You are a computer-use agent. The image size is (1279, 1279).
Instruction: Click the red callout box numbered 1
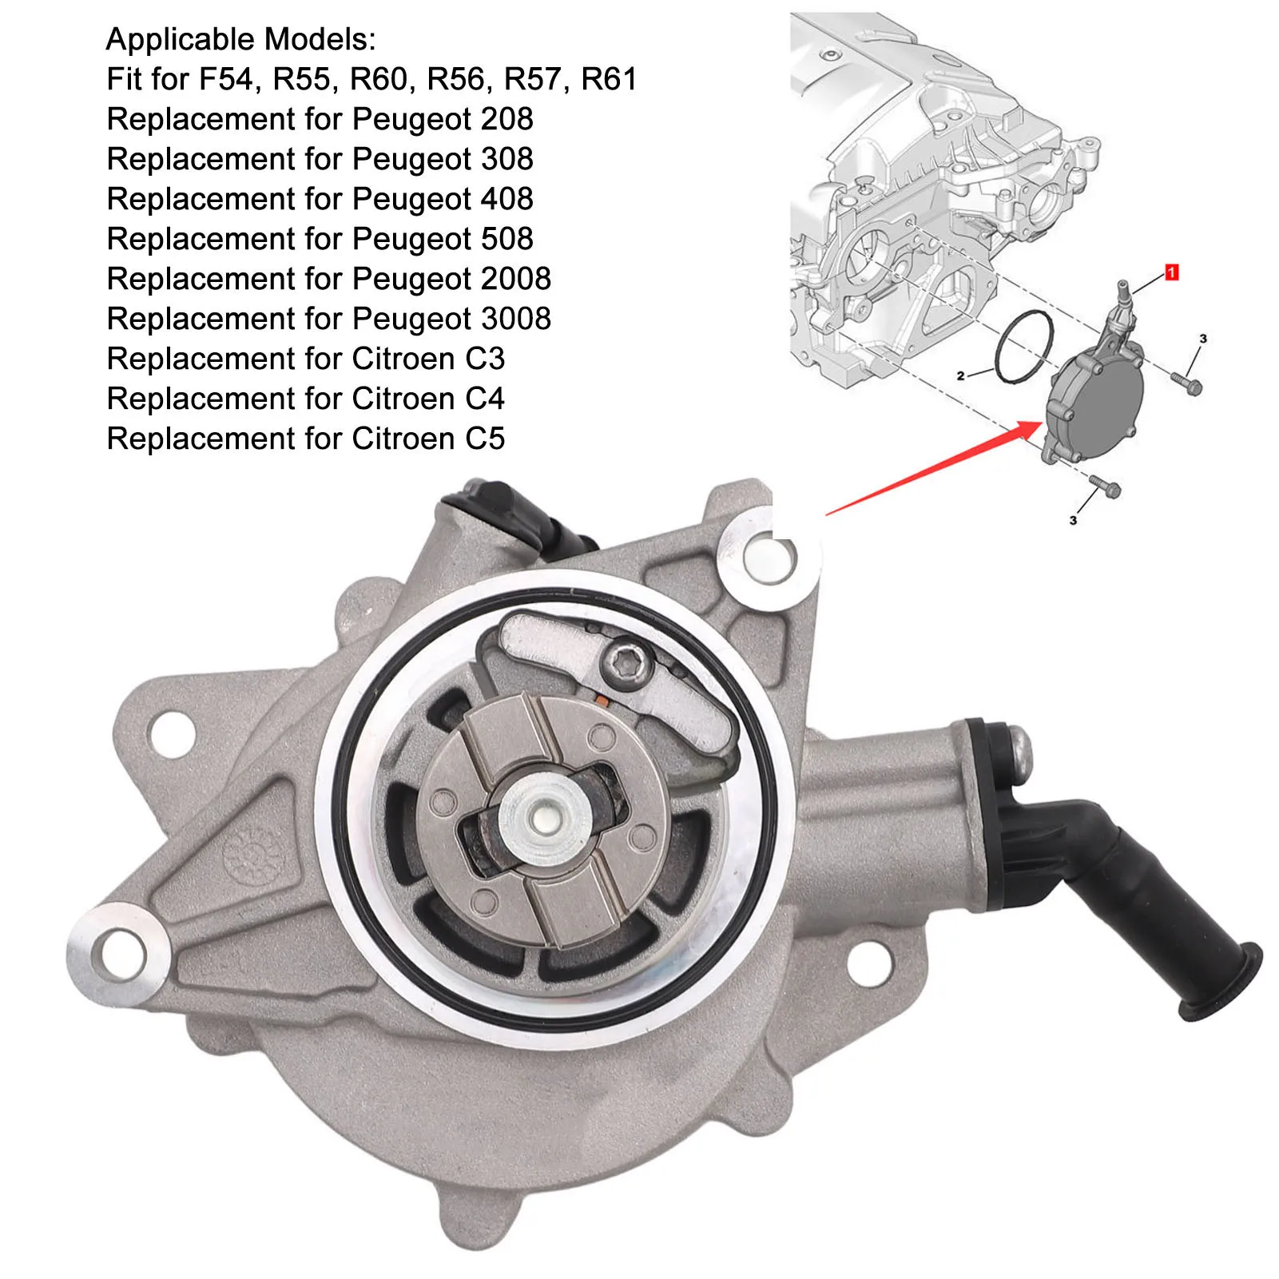point(1171,273)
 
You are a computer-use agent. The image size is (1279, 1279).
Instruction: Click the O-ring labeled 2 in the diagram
point(1025,347)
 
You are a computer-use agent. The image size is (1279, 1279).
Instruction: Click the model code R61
point(609,79)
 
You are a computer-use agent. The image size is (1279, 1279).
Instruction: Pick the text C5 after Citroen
point(485,439)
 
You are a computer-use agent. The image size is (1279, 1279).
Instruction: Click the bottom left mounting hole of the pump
point(121,953)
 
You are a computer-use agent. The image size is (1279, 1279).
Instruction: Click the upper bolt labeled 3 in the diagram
point(1186,383)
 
